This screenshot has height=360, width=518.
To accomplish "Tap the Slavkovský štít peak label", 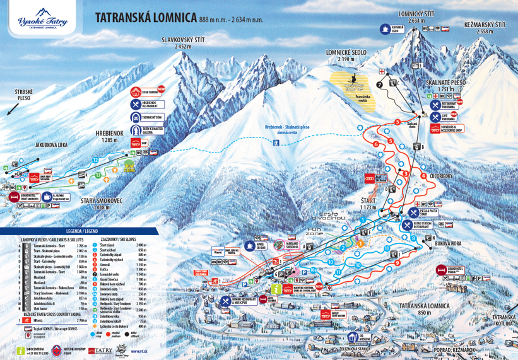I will coord(183,43).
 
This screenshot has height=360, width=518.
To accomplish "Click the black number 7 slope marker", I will coord(379,84).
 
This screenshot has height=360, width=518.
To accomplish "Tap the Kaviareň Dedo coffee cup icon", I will coord(384,28).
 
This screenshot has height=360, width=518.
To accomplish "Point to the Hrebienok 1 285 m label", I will coord(107,136).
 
